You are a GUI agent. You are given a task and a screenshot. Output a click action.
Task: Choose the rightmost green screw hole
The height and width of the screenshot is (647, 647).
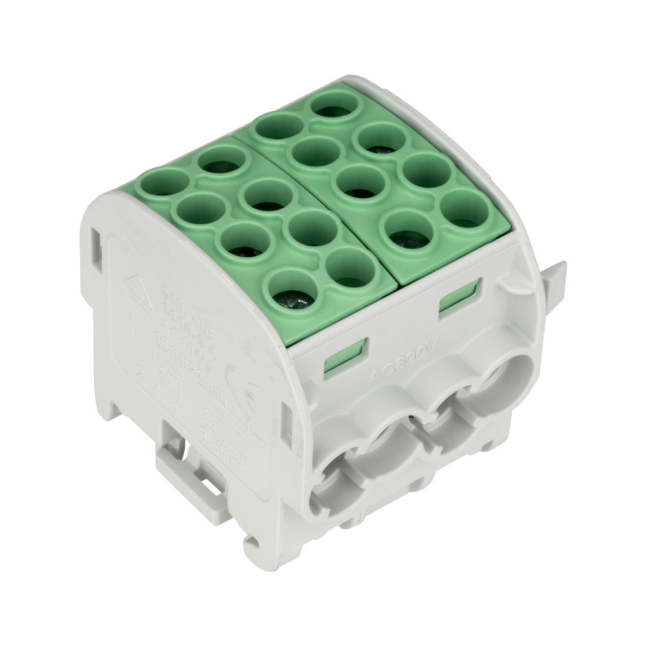(x=463, y=209)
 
